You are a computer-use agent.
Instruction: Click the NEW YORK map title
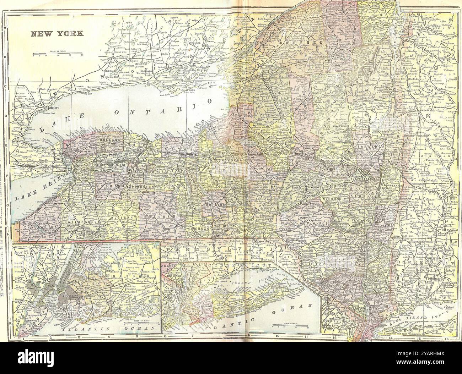57,34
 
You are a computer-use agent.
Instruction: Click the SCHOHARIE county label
332,200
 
